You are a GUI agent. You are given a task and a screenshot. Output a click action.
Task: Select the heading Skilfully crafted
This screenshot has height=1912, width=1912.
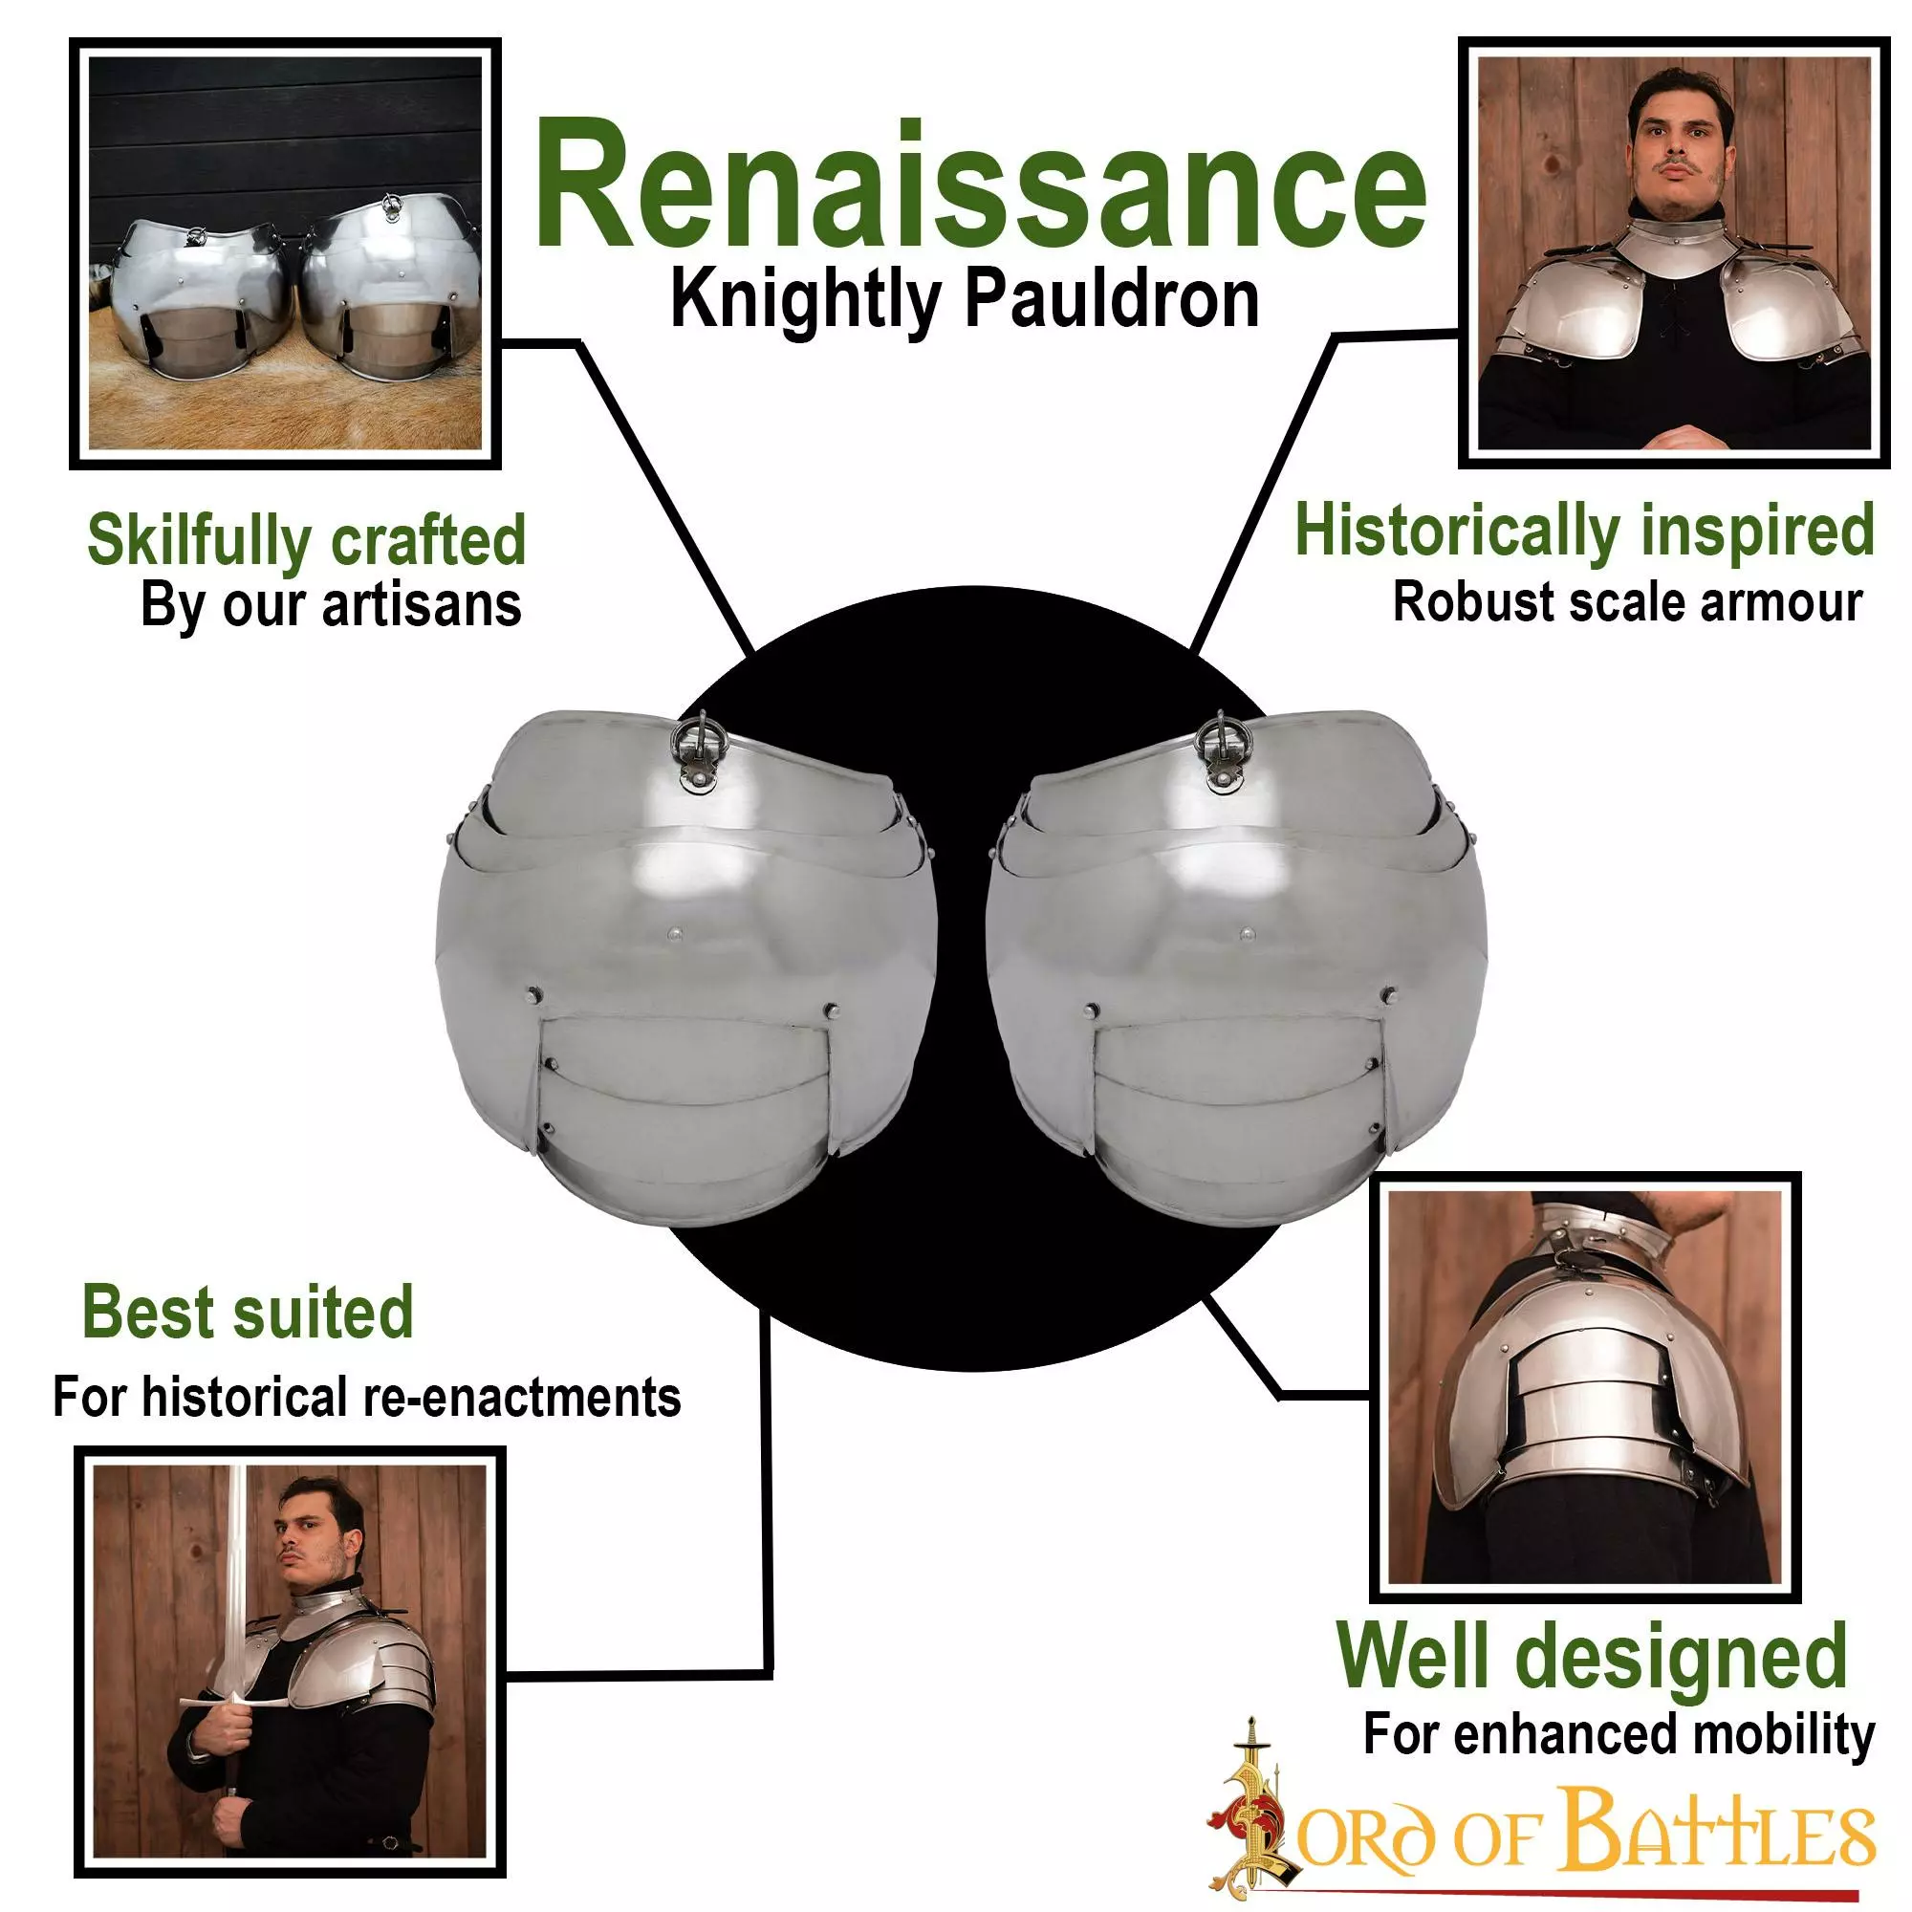(307, 541)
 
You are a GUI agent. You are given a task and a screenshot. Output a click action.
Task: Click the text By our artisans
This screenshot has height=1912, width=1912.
(331, 606)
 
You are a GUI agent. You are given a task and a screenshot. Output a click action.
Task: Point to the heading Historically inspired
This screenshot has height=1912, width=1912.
(1584, 532)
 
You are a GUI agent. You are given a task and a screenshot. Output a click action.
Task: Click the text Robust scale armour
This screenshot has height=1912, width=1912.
(1627, 601)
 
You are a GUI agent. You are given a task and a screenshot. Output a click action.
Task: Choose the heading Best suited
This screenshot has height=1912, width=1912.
(248, 1312)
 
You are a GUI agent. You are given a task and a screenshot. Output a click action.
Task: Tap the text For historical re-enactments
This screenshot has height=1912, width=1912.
(366, 1397)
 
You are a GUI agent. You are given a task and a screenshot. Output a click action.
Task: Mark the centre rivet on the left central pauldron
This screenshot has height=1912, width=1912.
(675, 933)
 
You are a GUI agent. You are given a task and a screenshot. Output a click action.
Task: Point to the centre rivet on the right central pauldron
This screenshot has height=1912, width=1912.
(1247, 933)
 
